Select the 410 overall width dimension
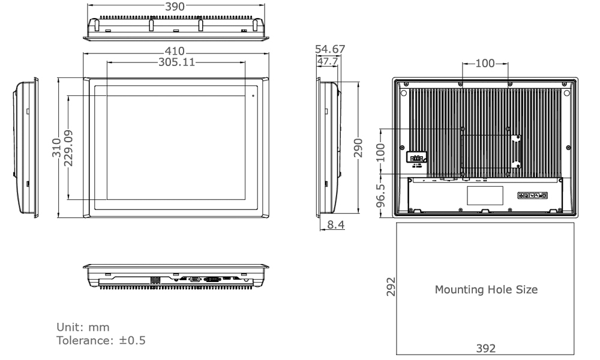(176, 52)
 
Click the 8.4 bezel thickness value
(334, 226)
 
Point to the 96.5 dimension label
(380, 196)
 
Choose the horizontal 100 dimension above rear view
(485, 64)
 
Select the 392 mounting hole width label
(485, 349)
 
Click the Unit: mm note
(83, 327)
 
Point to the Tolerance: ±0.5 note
(100, 340)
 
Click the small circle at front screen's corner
(253, 95)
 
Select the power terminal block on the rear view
(416, 157)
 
